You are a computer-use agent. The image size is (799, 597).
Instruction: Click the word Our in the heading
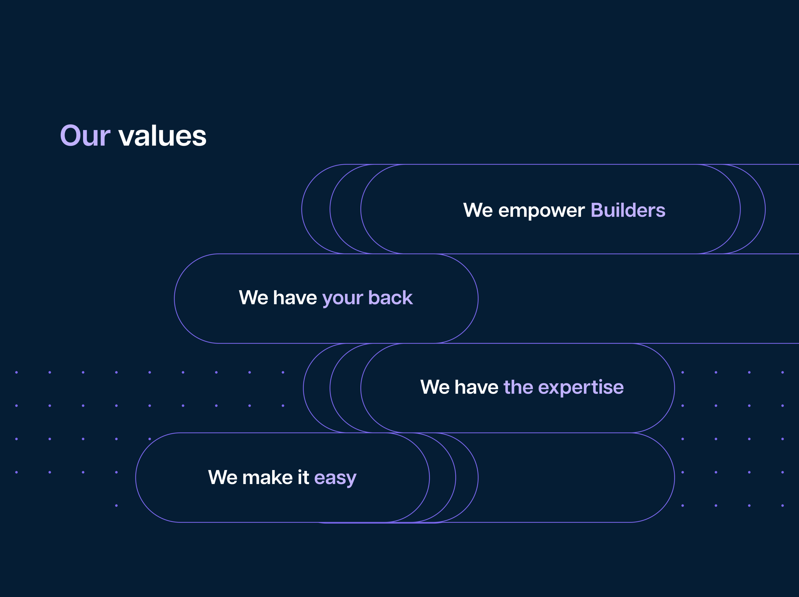pos(85,136)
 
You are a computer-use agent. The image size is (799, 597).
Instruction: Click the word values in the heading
pos(162,136)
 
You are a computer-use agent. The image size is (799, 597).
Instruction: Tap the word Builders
pos(628,210)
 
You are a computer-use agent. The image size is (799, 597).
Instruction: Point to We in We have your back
pos(253,297)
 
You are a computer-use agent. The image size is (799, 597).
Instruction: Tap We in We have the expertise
pos(435,387)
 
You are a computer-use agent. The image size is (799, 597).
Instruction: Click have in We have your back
pos(295,297)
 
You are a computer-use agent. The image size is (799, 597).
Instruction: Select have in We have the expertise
pos(477,387)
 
